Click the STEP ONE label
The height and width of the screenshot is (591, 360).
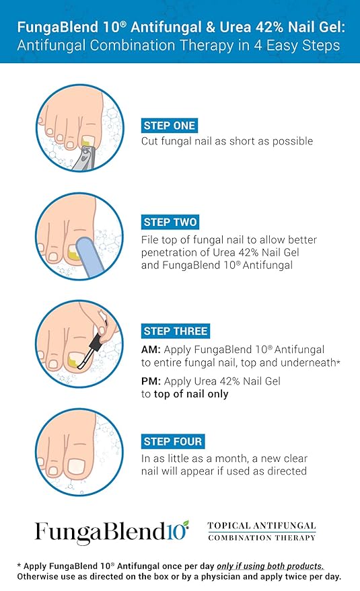[170, 126]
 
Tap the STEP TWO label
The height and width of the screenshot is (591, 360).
[170, 222]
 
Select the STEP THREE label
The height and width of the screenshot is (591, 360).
[176, 331]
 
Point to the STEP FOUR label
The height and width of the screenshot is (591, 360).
[173, 441]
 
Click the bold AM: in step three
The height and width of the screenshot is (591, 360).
[151, 350]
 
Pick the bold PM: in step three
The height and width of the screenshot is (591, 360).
[151, 381]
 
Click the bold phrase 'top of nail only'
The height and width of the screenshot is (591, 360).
[191, 394]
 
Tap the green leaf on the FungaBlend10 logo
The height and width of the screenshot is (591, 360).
[185, 524]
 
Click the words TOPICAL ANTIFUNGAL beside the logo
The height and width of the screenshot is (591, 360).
[262, 526]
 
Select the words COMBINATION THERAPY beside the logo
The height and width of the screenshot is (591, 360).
[262, 538]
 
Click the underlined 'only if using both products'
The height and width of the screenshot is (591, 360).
[271, 566]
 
